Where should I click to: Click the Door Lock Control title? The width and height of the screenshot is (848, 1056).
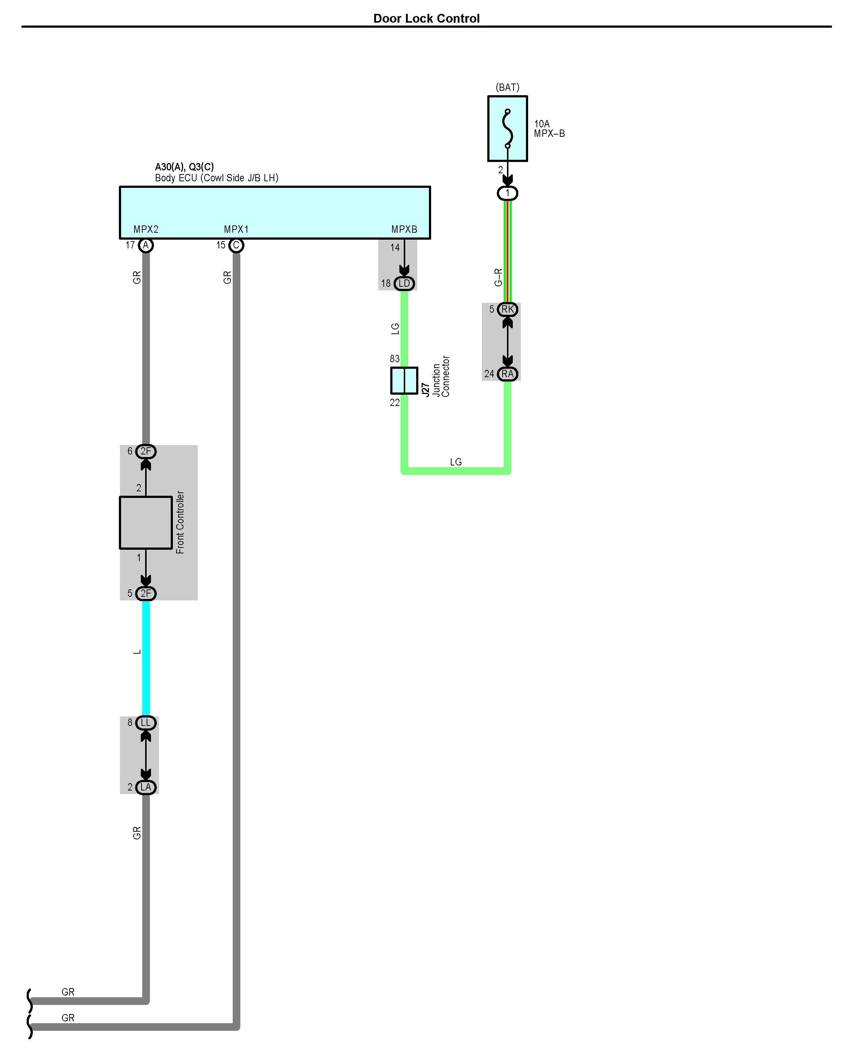click(x=426, y=19)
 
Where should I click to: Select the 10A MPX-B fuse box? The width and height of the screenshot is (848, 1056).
click(x=507, y=128)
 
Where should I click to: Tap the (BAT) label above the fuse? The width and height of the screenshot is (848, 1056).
click(x=507, y=87)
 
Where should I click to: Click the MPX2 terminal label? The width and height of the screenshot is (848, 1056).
click(x=146, y=229)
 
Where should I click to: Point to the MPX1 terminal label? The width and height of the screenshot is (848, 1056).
click(x=236, y=229)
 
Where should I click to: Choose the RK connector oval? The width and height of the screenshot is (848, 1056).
click(x=507, y=309)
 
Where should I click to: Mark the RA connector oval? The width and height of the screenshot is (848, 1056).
click(x=507, y=374)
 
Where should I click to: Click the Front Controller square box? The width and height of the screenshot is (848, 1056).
click(x=146, y=523)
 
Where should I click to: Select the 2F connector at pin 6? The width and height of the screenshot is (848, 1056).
click(x=146, y=451)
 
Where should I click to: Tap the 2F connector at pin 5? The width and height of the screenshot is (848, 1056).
click(x=146, y=593)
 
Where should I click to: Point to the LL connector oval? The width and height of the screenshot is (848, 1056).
click(x=146, y=723)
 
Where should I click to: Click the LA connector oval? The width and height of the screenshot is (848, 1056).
click(x=146, y=787)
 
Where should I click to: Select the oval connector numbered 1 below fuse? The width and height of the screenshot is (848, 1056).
click(x=507, y=193)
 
